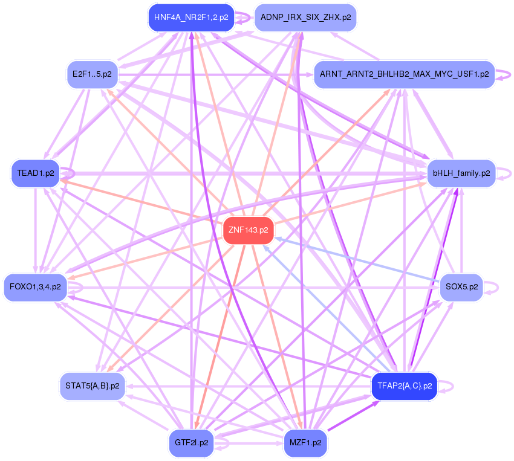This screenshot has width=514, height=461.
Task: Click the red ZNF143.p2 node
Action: (249, 230)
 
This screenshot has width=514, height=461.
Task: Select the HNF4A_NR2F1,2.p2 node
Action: (191, 18)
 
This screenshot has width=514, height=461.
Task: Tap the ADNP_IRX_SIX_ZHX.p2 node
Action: (305, 18)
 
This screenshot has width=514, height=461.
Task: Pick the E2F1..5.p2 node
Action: (93, 74)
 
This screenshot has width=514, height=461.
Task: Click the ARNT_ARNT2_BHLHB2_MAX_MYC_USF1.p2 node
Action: (404, 74)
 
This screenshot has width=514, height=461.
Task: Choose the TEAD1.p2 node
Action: (36, 173)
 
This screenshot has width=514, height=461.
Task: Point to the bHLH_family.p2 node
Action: (461, 173)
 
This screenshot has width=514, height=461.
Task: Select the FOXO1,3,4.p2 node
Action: (36, 287)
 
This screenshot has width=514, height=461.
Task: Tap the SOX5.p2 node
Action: (461, 287)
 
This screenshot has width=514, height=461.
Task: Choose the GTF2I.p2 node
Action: (191, 443)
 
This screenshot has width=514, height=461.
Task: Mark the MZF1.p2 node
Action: (305, 443)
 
